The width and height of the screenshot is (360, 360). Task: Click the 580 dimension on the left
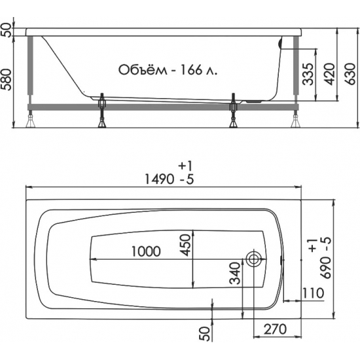pyautogui.click(x=7, y=77)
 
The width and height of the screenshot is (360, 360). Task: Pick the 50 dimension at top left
pyautogui.click(x=7, y=30)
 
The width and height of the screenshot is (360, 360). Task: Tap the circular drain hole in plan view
pyautogui.click(x=255, y=259)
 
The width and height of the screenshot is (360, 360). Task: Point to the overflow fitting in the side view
pyautogui.click(x=281, y=44)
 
